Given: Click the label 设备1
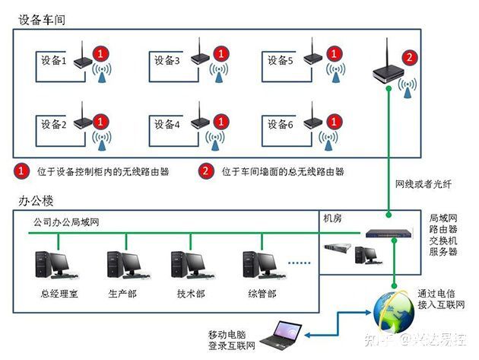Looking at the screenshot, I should [x=54, y=60].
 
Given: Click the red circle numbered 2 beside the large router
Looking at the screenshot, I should [x=409, y=56].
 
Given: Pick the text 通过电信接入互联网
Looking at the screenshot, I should [x=438, y=299].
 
